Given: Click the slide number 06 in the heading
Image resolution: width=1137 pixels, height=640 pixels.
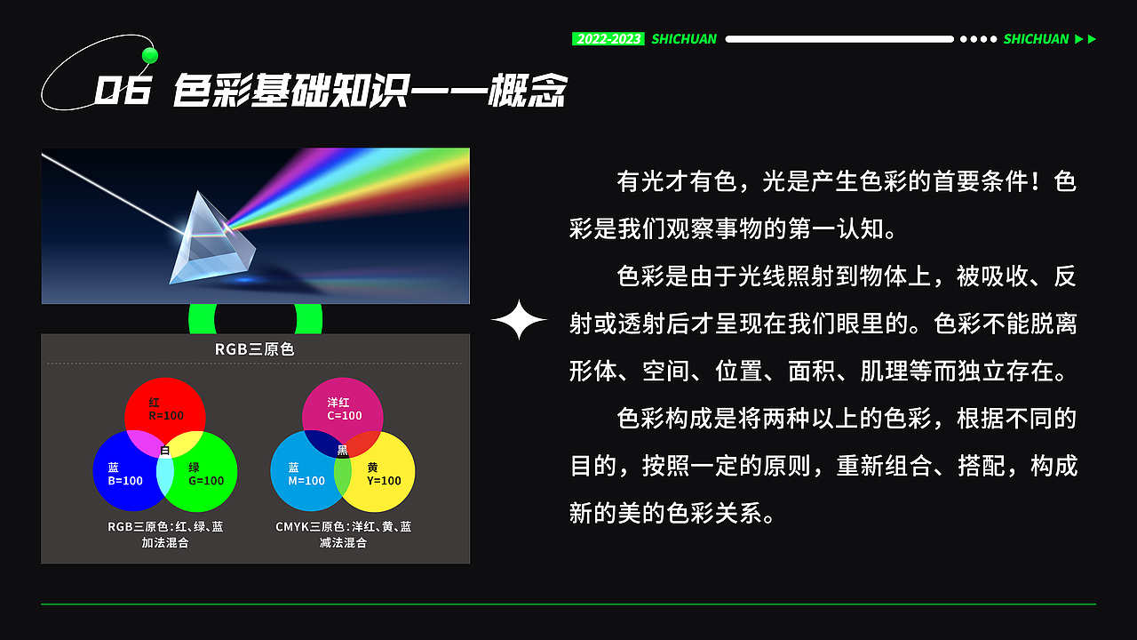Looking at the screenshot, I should coord(123,91).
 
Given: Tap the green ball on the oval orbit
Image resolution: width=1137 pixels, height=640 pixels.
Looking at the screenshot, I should coord(150,56).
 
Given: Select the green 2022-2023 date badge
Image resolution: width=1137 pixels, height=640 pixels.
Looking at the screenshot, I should coord(608,39).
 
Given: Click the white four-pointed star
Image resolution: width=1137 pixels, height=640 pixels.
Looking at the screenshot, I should coord(519,320).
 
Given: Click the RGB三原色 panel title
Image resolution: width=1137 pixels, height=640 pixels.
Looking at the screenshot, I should coord(254,349).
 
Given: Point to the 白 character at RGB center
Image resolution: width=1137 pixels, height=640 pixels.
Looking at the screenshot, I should coord(164,451).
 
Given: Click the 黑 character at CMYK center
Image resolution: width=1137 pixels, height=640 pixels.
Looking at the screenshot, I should coord(342,451).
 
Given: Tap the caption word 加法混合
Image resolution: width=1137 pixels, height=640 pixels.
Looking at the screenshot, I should coord(165,542).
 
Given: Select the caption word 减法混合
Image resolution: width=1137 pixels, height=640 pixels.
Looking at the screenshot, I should coord(343,542).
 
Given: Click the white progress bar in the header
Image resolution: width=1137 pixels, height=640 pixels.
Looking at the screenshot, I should coord(839,39).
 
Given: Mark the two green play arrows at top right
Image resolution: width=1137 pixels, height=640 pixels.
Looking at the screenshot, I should coord(1085,39).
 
